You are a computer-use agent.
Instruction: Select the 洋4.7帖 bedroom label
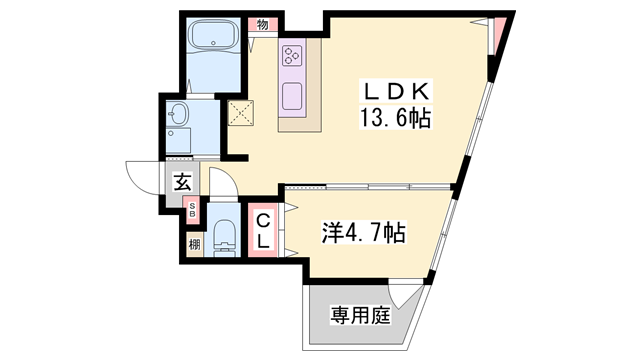click(x=363, y=234)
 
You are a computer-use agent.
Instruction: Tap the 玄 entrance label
click(x=183, y=182)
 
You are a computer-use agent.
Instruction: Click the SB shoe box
click(x=193, y=210)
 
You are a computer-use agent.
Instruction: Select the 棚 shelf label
click(x=193, y=243)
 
